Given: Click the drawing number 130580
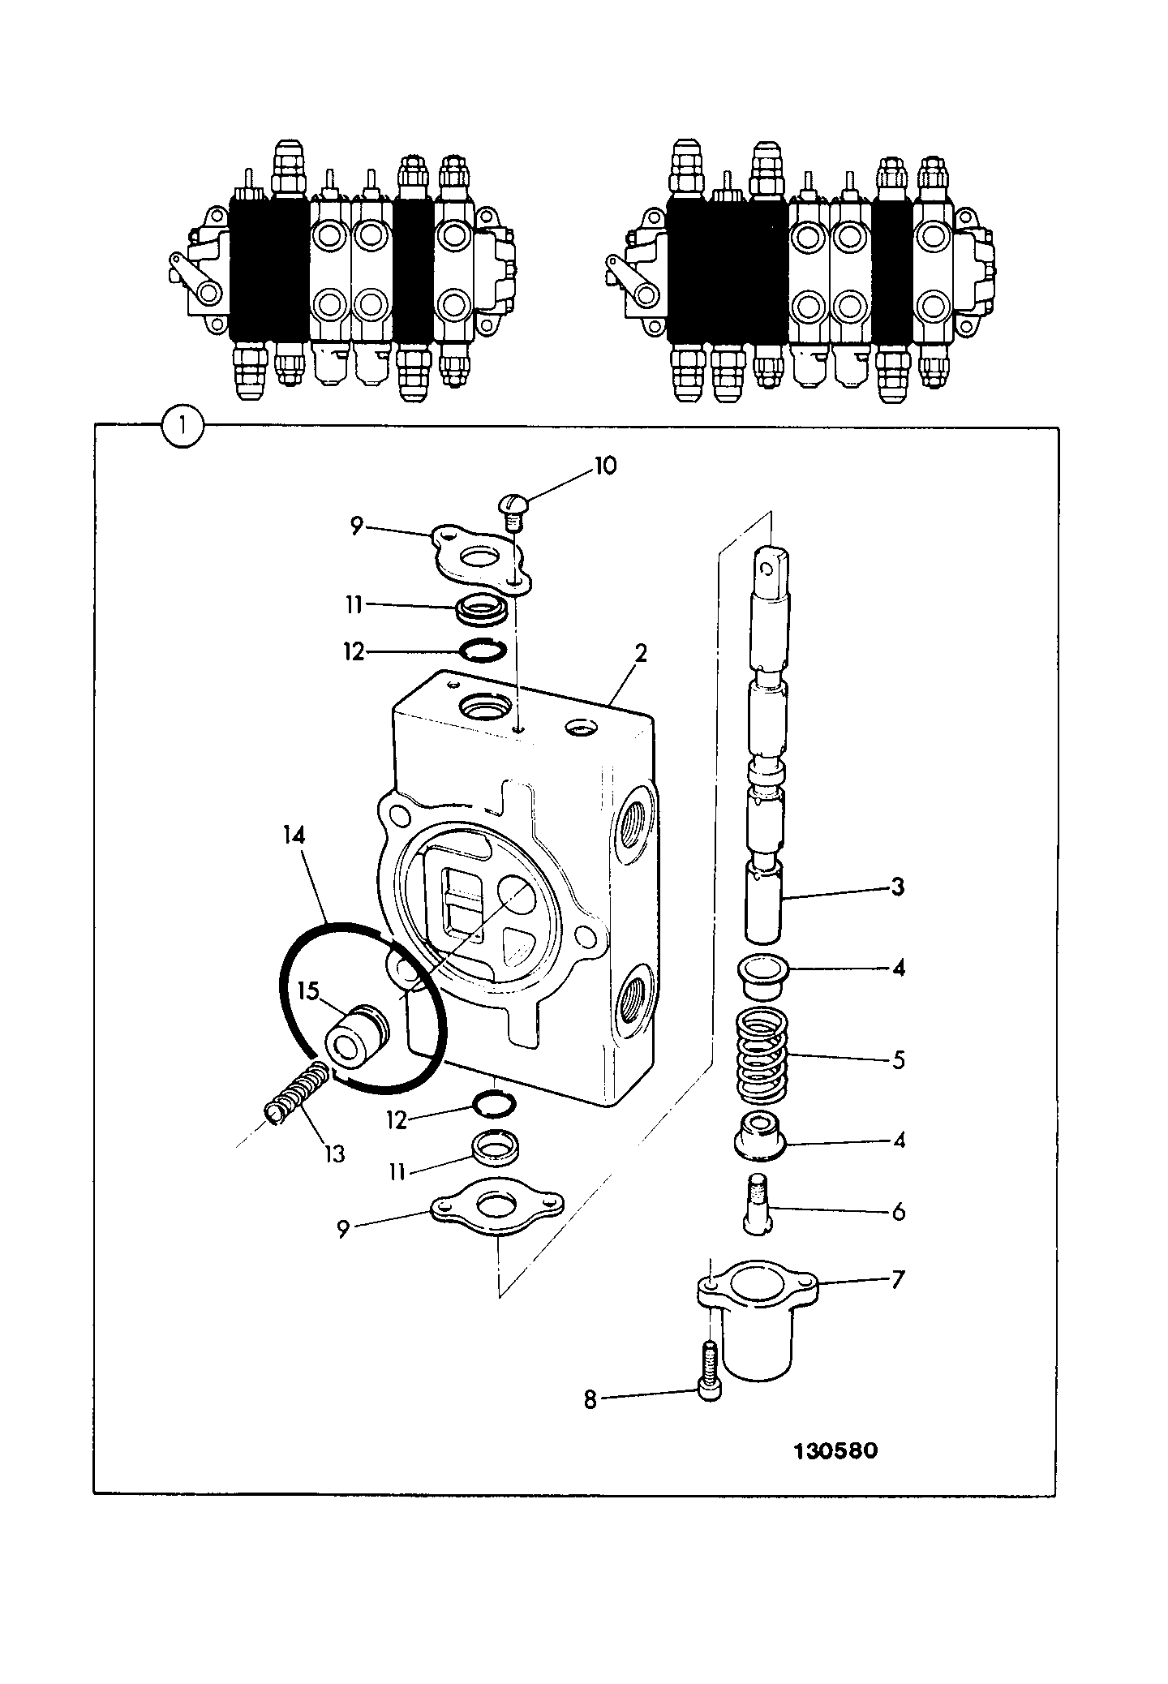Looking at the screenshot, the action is click(835, 1450).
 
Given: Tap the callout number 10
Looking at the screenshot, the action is click(604, 466).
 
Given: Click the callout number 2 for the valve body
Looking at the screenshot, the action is click(641, 654).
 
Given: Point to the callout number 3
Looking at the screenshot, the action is click(897, 887).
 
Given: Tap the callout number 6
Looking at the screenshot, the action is click(897, 1212).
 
